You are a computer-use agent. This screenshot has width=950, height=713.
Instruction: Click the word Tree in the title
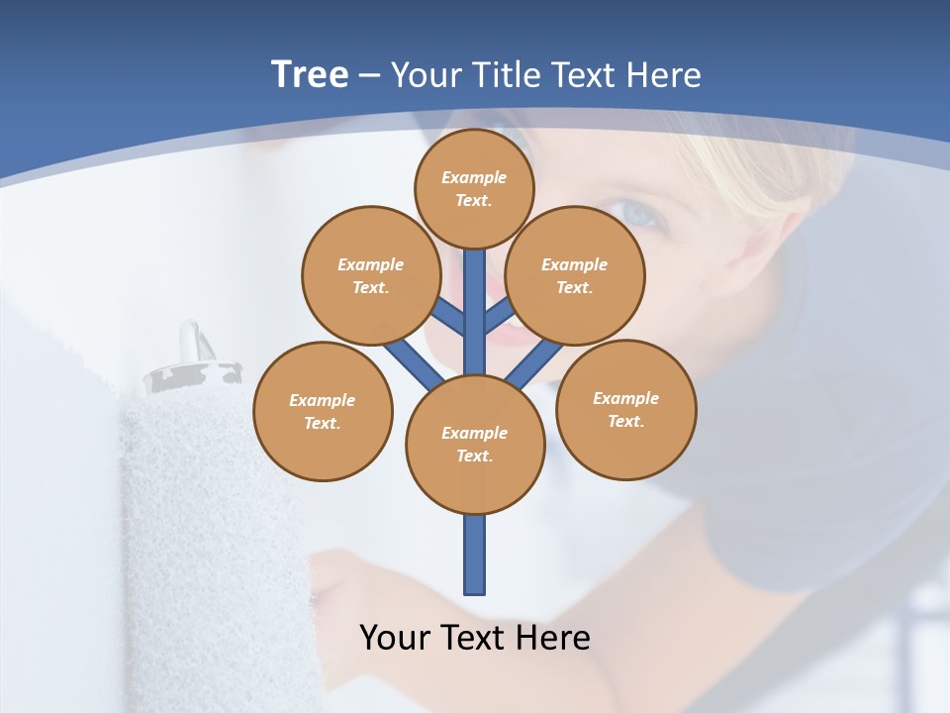coord(310,75)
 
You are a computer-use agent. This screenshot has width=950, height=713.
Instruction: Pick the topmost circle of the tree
coord(475,188)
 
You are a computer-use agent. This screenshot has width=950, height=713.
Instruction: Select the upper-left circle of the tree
coord(371,275)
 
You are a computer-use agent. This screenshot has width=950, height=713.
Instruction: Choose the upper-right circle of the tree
coord(575,275)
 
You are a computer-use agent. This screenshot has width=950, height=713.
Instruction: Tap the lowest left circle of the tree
coord(323,411)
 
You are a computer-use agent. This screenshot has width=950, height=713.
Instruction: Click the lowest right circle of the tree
coord(626,409)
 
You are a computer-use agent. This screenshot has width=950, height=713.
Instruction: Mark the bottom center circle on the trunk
coord(475,445)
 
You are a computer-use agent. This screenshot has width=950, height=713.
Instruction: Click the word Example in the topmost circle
coord(474,177)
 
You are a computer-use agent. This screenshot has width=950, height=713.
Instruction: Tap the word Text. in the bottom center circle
coord(474,457)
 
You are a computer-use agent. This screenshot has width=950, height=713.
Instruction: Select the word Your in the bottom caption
coord(395,638)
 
